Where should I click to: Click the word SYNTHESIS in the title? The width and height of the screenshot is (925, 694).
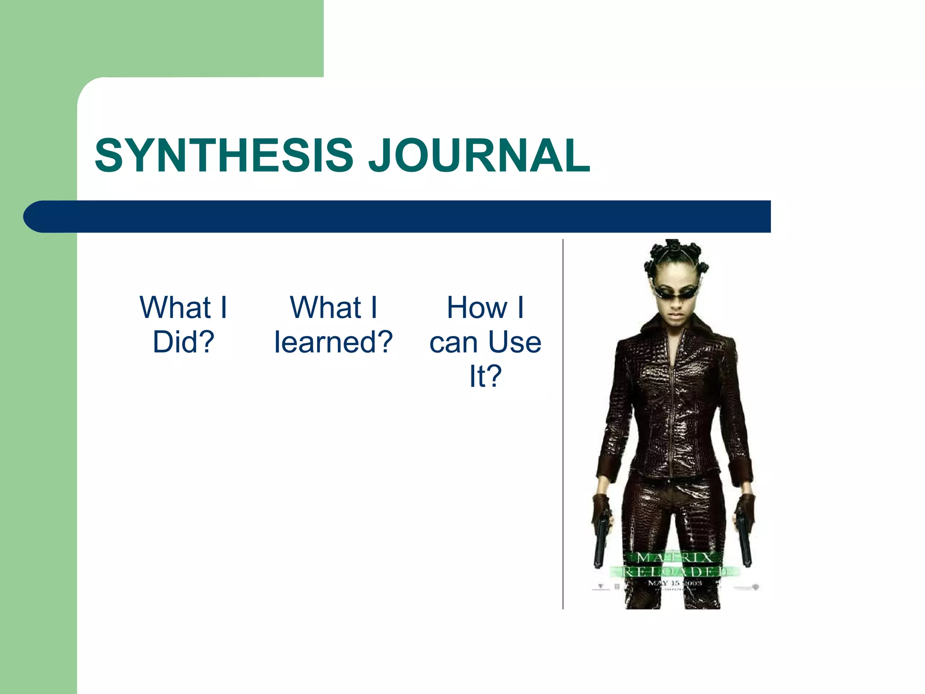point(224,156)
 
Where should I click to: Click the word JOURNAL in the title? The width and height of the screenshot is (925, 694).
point(479,156)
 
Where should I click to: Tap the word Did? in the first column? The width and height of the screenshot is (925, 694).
point(183,342)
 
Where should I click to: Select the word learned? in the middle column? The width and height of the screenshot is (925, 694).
point(333,342)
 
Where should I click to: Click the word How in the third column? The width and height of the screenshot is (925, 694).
point(477,308)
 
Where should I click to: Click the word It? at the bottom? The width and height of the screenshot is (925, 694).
point(486,376)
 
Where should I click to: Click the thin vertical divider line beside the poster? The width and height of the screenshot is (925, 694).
point(563,425)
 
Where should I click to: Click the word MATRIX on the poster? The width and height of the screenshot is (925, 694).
point(675,558)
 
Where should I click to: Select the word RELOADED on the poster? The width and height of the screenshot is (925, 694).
point(675,572)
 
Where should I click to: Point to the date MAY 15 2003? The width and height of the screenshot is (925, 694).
point(675,583)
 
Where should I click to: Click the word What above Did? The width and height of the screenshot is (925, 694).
point(175,308)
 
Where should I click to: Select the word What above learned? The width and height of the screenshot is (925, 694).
point(325,308)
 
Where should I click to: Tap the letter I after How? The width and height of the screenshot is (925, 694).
point(520,308)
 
